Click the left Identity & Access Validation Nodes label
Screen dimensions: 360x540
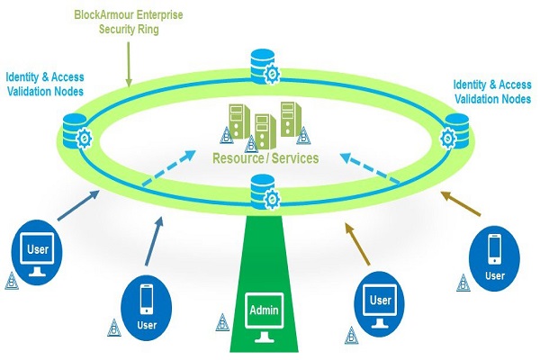click(x=46, y=84)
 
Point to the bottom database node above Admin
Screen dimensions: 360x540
click(x=261, y=192)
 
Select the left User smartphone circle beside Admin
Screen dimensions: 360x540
click(x=147, y=302)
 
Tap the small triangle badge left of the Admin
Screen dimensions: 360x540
click(x=221, y=320)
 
